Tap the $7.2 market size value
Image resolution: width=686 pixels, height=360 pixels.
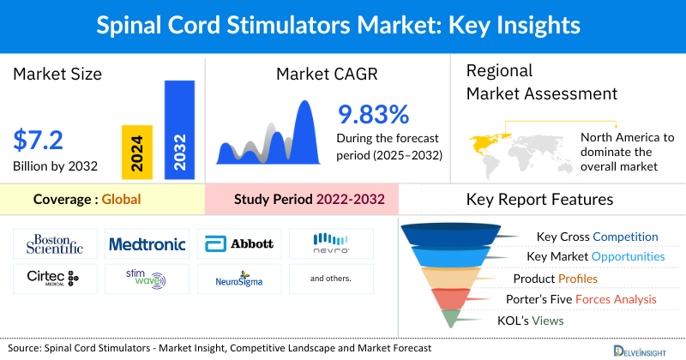(x=39, y=140)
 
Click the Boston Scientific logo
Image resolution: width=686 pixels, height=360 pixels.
(x=54, y=244)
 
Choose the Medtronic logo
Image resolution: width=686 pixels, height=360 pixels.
(x=147, y=244)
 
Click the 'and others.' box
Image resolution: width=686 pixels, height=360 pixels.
(x=331, y=279)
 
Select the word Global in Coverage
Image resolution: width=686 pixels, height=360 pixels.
(x=121, y=200)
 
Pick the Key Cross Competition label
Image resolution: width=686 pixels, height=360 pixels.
(x=597, y=237)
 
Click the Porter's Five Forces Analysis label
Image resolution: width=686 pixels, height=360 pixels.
(x=585, y=299)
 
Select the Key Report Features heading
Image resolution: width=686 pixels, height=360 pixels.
(x=539, y=200)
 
